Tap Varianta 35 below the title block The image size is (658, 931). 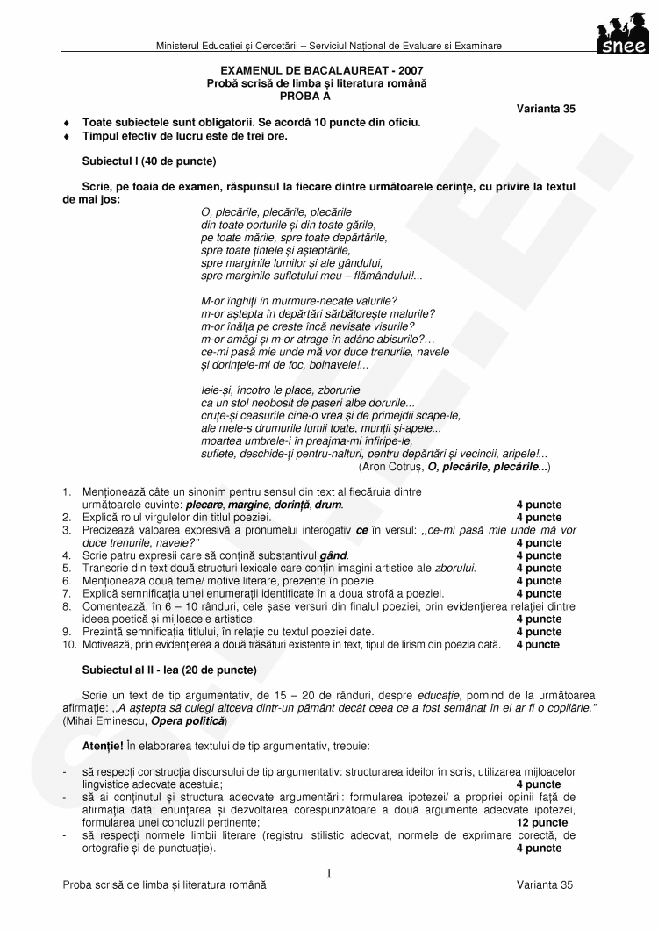(x=546, y=109)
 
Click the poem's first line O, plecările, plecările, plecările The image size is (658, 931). (x=275, y=212)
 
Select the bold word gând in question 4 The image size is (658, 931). (x=335, y=555)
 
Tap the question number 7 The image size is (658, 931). (x=67, y=593)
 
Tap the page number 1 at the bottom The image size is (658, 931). (x=328, y=873)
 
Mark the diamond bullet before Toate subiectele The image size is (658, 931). (x=68, y=123)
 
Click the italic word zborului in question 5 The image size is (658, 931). (x=456, y=569)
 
